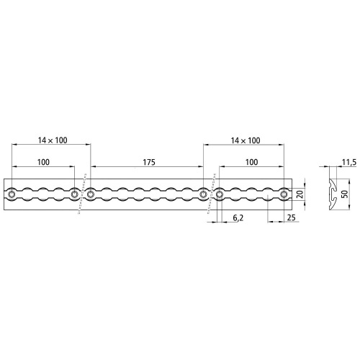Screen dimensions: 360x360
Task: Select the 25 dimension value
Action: point(291,216)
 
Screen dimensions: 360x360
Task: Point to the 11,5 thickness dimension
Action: point(349,163)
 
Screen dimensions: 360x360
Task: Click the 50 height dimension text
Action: point(344,194)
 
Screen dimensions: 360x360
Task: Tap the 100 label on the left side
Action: point(43,163)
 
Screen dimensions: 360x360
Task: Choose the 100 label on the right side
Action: point(251,163)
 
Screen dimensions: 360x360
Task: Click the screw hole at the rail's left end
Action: point(12,194)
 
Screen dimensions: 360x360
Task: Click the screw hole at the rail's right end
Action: point(285,194)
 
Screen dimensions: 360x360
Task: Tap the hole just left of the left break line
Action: point(75,194)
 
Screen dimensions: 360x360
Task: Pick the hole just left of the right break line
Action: point(204,194)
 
